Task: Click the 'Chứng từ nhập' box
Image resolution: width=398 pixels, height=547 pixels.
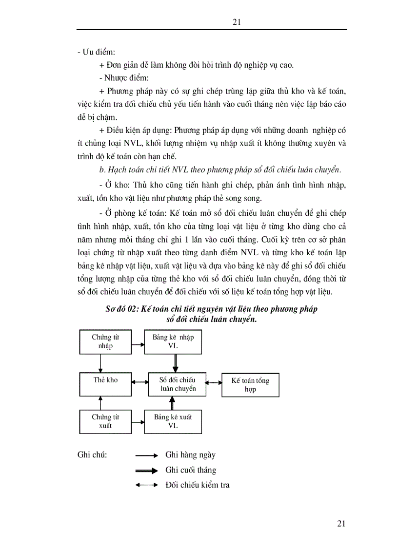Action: coord(105,341)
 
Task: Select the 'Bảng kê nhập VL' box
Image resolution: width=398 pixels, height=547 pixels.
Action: coord(173,341)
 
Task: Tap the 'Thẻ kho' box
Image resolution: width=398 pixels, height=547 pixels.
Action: coord(105,384)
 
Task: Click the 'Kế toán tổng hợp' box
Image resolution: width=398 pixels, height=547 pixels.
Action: coord(250,385)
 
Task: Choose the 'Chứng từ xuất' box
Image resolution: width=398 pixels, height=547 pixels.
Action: coord(105,421)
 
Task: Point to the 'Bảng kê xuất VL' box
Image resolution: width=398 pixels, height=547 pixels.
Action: coord(173,421)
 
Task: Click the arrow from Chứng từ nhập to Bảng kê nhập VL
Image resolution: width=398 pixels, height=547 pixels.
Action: coord(138,344)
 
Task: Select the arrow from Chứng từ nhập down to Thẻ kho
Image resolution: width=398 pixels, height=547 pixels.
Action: coord(100,363)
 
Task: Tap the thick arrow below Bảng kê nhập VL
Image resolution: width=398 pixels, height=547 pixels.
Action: coord(175,363)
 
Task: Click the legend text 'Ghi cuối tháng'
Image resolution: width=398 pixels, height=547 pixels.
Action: coord(191,470)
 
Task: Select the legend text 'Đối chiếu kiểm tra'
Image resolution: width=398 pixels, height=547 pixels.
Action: coord(197,485)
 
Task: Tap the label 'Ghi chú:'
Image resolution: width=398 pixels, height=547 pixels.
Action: coord(92,455)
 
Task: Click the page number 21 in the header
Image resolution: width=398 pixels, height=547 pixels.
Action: coord(238,22)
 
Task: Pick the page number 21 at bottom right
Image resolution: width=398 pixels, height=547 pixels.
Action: coord(341,524)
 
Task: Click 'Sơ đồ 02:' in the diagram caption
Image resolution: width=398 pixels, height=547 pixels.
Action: coord(121,309)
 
